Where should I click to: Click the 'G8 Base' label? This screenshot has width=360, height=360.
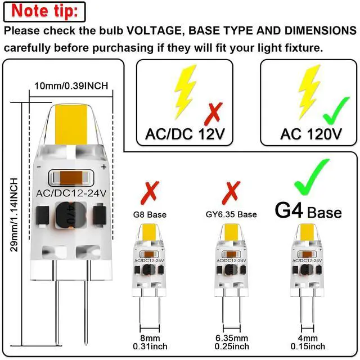[150, 214]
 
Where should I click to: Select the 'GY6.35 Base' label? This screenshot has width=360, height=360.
[231, 214]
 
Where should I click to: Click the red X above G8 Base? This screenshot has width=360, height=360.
[149, 192]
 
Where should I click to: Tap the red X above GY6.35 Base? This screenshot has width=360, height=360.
[230, 192]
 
